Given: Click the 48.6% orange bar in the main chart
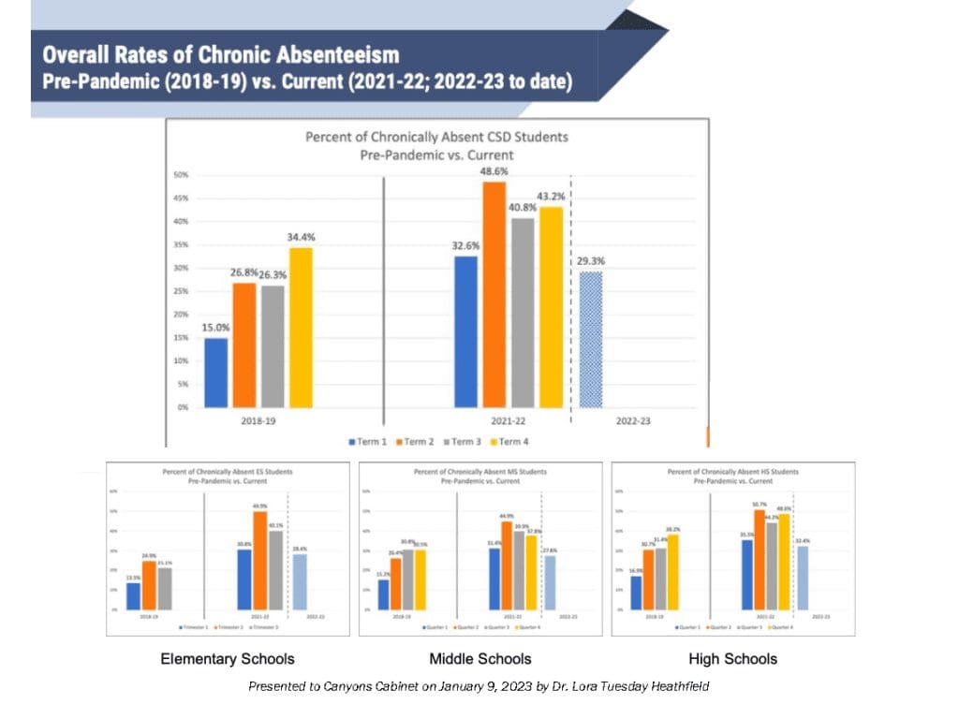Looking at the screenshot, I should click(x=494, y=295).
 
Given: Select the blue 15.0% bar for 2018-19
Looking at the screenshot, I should click(x=216, y=373).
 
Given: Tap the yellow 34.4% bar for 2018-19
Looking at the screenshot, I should click(x=301, y=328).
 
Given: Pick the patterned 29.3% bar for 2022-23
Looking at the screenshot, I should click(x=591, y=340).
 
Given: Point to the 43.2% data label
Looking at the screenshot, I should click(x=553, y=196).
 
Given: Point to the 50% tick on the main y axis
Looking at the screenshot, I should click(x=180, y=175).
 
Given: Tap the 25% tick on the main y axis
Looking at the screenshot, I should click(x=180, y=291).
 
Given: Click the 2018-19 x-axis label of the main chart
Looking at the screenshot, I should click(x=258, y=421).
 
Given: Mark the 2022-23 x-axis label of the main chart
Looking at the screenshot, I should click(x=633, y=421).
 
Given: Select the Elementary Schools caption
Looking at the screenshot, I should click(x=228, y=659).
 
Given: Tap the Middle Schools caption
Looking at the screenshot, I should click(x=479, y=659).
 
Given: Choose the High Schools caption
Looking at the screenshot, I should click(x=732, y=659).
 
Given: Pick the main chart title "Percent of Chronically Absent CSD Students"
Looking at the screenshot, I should click(x=436, y=137).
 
